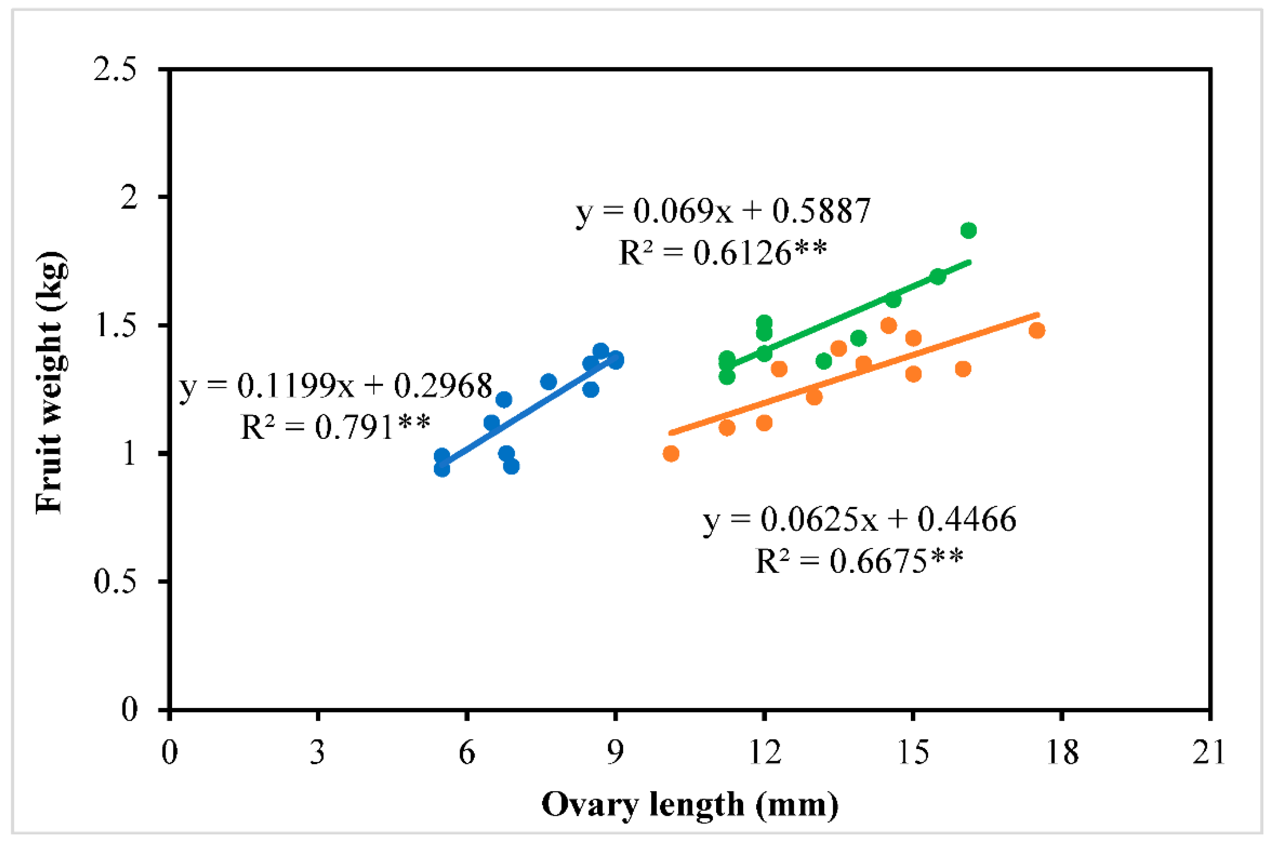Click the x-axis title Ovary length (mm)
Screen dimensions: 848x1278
[690, 806]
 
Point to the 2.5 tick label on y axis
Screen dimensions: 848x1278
[115, 70]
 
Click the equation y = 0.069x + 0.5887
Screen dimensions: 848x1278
[724, 211]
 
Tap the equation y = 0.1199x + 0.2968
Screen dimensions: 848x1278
[335, 386]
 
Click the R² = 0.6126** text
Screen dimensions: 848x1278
[722, 253]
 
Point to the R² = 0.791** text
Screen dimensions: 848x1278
[335, 427]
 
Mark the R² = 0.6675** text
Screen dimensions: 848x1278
[859, 561]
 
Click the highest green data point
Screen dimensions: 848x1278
[968, 230]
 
